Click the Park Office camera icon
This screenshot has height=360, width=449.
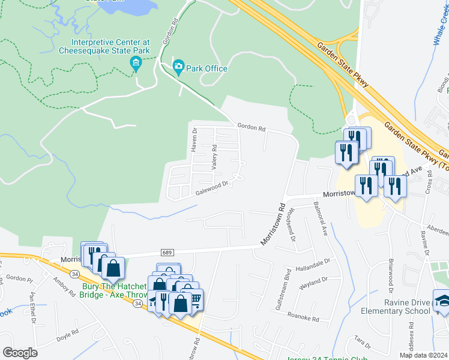pos(178,66)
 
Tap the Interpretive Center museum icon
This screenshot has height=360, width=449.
pos(136,63)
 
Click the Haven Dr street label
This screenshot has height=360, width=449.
pos(194,139)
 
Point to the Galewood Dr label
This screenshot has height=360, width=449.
pos(212,188)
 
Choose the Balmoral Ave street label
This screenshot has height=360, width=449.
pos(318,218)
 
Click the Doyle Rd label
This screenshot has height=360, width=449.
pos(67,335)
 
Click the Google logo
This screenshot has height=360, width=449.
pos(20,352)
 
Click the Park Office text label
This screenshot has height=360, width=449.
pos(206,68)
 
